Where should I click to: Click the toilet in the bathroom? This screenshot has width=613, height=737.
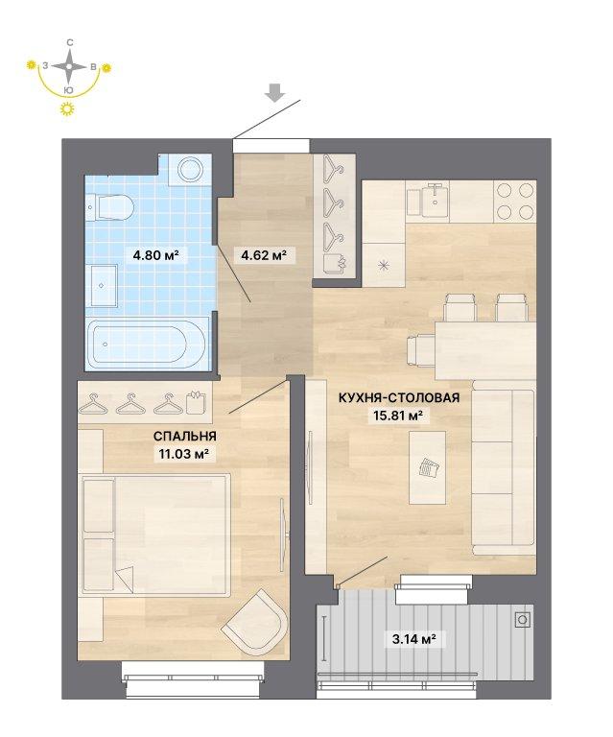coord(110,207)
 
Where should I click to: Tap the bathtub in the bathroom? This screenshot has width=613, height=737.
coord(147,344)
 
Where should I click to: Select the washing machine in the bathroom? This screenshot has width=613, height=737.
coord(191,169)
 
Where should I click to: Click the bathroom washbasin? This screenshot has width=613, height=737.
coord(104,285)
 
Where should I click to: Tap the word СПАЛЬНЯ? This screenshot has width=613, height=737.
coord(185,437)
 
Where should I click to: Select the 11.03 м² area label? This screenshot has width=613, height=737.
coord(184,455)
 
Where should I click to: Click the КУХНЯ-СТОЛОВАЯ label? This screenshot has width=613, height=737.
coord(399,397)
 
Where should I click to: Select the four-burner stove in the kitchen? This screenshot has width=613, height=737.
coord(515,202)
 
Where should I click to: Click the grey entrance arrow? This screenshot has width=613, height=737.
coord(275,92)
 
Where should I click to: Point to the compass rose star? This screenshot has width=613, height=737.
coord(69,66)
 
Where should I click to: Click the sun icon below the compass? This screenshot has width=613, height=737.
coord(68,108)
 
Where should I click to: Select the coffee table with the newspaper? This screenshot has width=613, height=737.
coord(427,467)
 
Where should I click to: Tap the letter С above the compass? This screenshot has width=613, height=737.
coord(69,43)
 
